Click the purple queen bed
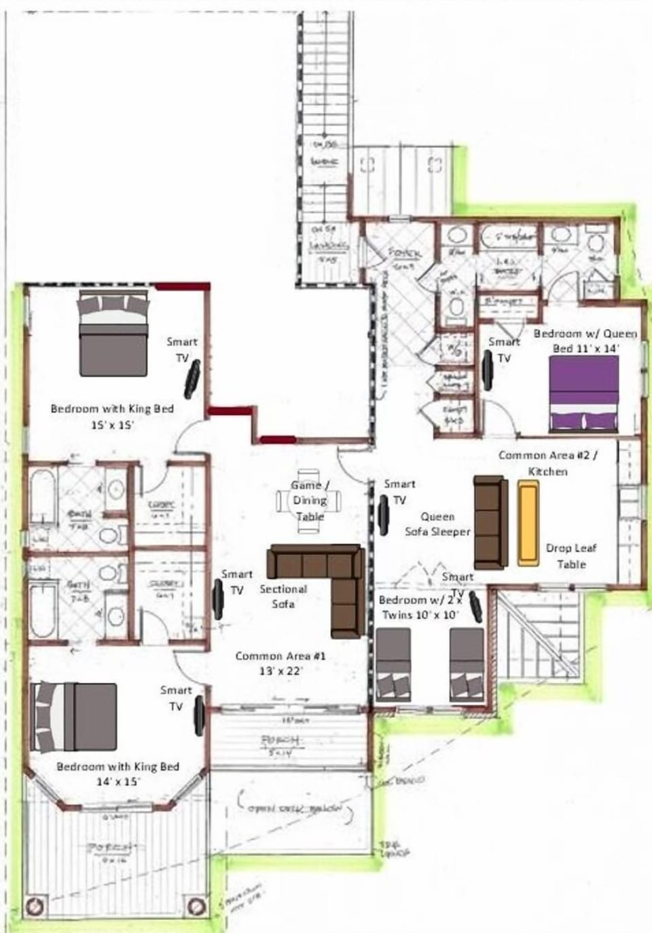click(583, 394)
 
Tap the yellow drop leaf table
click(528, 522)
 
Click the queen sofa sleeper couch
click(490, 522)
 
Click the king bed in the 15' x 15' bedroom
click(113, 332)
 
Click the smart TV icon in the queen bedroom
click(488, 370)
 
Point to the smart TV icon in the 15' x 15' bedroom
click(192, 377)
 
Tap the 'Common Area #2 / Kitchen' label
click(548, 463)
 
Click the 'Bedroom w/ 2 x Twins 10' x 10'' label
click(419, 607)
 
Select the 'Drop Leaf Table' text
click(570, 556)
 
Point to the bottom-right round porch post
click(196, 906)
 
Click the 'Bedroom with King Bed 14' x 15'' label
click(117, 774)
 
